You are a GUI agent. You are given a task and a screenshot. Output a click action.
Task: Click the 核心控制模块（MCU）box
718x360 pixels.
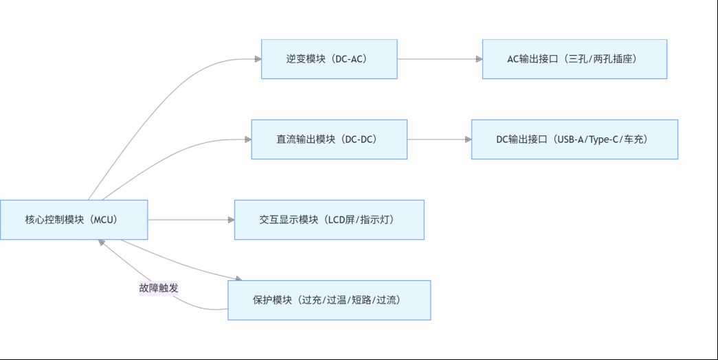coord(74,220)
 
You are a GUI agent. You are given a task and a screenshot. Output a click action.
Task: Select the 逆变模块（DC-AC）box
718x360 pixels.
coord(329,59)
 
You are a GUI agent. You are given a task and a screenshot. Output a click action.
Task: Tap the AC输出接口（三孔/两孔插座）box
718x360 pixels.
coord(574,59)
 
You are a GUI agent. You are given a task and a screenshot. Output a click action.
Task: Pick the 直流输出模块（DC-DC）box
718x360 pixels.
coord(329,139)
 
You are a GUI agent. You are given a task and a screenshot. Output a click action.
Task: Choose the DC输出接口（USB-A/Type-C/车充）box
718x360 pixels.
coord(574,139)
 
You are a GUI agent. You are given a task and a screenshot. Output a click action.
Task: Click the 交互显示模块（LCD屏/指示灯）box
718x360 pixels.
coord(329,220)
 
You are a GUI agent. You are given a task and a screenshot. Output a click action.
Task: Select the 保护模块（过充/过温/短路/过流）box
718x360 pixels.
coord(329,300)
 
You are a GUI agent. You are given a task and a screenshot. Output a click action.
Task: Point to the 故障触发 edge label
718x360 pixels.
coord(159,288)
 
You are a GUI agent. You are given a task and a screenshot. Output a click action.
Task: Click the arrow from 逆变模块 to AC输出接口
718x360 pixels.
coord(440,59)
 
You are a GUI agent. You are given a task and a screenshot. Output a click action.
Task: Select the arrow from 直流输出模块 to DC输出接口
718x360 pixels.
coord(439,139)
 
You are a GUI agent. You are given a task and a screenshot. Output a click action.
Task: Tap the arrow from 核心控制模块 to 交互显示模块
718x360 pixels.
coord(191,220)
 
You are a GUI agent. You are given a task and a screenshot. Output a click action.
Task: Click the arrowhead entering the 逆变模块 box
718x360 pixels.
coord(258,59)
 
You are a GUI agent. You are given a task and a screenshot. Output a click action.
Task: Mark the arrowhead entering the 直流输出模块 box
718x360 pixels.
coord(247,139)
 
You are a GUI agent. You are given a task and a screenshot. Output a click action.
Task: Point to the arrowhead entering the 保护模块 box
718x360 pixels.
coord(238,279)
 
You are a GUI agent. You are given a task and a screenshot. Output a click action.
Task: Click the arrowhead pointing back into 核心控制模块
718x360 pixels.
coord(102,243)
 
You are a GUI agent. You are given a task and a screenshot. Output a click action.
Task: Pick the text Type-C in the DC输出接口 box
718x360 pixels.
coord(605,139)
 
